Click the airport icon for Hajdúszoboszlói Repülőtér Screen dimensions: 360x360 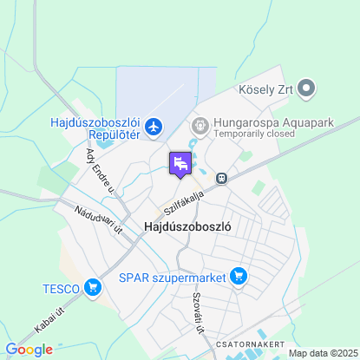(154, 128)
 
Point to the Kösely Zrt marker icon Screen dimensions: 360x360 (305, 88)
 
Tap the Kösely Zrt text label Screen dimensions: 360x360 (264, 88)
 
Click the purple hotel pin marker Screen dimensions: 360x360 (180, 163)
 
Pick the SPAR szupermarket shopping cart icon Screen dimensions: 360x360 (239, 278)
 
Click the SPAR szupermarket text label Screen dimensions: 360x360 (172, 278)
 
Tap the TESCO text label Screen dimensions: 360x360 (61, 288)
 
